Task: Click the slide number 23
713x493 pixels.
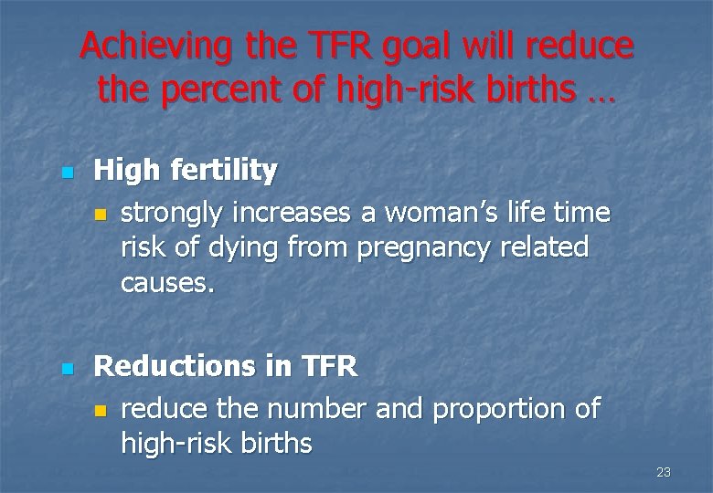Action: [x=664, y=472]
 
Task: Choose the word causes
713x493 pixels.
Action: [x=167, y=283]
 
